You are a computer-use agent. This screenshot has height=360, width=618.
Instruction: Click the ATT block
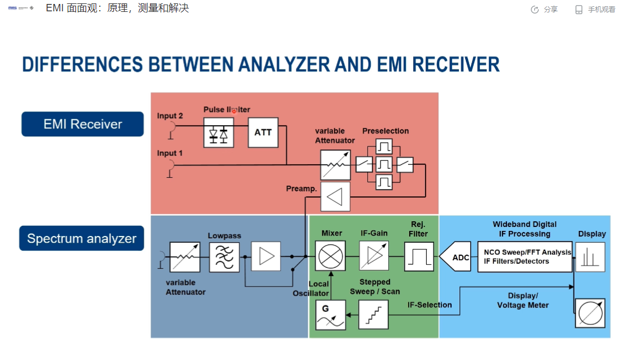click(263, 132)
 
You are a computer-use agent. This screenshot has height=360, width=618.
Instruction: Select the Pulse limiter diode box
click(218, 132)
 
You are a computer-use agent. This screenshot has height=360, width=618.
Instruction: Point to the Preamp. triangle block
click(335, 197)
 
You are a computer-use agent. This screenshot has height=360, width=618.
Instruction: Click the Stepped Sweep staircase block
click(374, 315)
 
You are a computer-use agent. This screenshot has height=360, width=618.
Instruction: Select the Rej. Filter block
click(419, 256)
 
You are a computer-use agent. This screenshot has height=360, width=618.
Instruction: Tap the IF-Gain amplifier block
click(374, 256)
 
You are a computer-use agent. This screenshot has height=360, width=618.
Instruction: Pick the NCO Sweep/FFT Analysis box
click(524, 257)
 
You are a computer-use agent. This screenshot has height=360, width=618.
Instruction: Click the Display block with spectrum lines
click(590, 257)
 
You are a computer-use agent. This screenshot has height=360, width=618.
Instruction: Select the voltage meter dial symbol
click(590, 313)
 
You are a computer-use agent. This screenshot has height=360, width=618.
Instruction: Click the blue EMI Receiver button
click(83, 124)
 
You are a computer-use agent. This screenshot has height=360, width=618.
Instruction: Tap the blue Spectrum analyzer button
click(81, 238)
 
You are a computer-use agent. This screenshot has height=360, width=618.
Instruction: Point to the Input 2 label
click(170, 116)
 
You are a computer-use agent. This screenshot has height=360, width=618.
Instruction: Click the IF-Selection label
click(430, 305)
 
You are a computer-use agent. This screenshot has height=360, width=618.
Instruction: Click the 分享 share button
click(544, 9)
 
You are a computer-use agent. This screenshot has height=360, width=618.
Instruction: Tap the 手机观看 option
click(595, 9)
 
